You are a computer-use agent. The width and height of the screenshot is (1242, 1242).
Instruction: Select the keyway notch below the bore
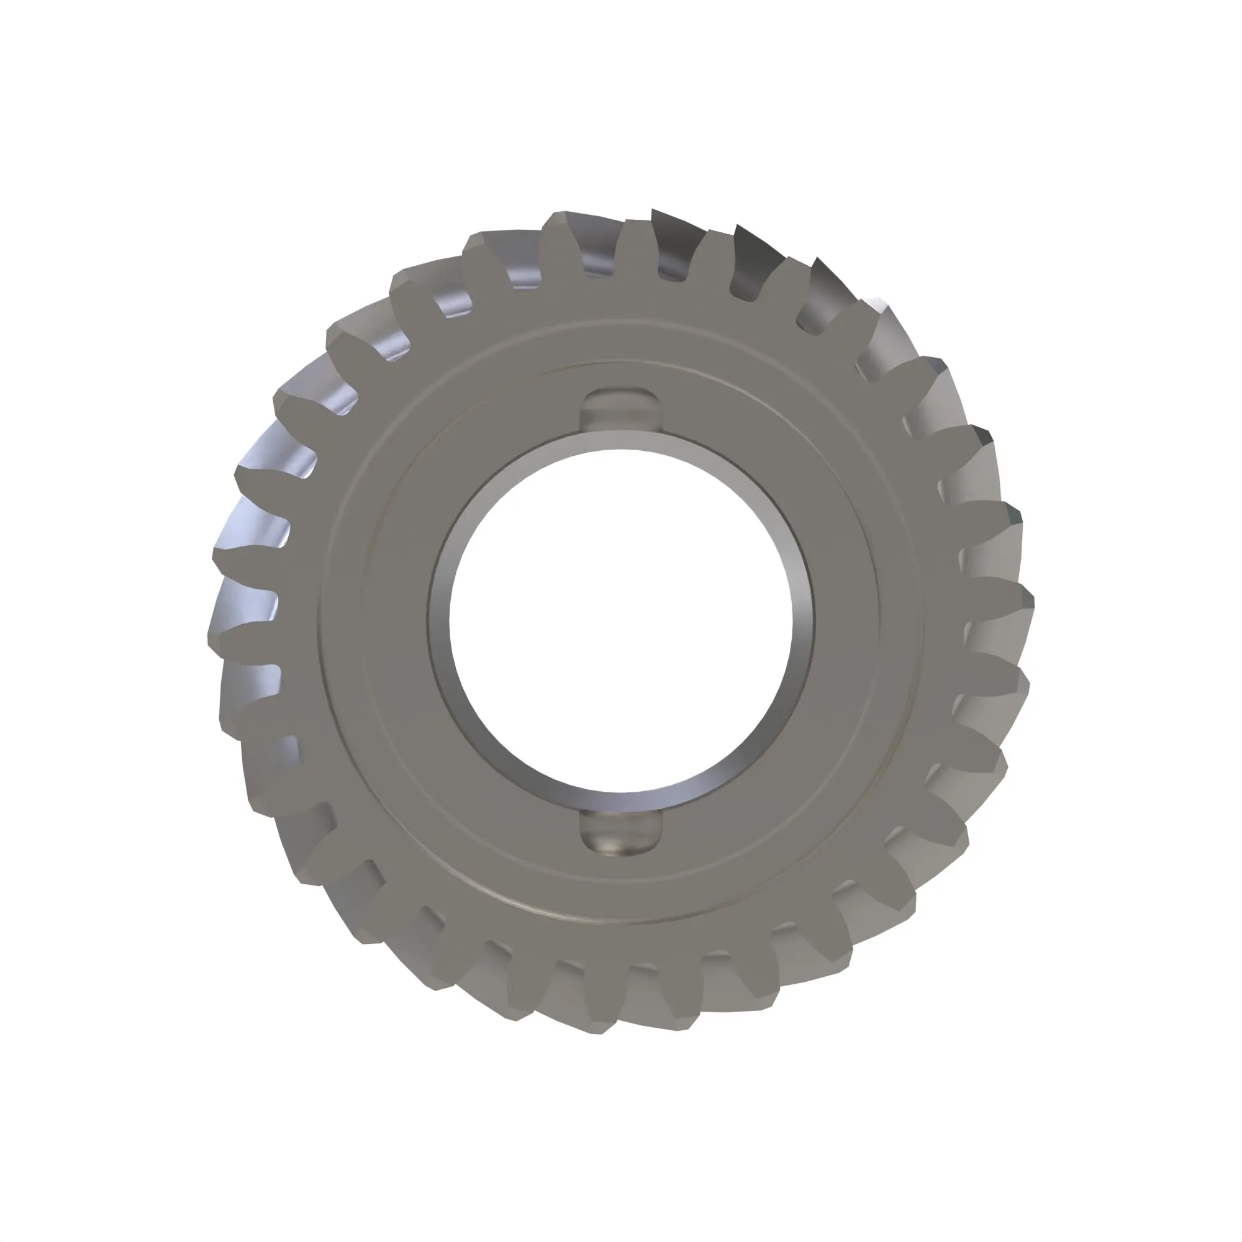tap(620, 833)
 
